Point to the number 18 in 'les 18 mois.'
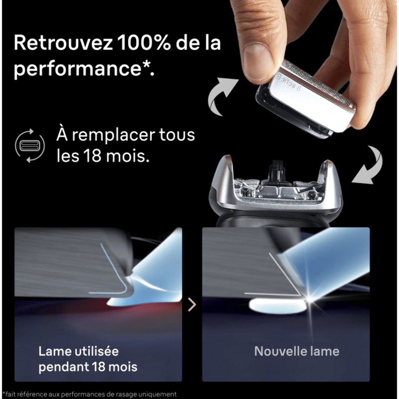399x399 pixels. coord(95,156)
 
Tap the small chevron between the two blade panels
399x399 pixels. coord(192,304)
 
